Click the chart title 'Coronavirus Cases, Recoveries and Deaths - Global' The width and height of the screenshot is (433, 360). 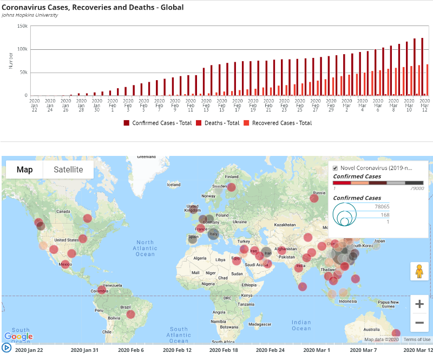pyautogui.click(x=93, y=8)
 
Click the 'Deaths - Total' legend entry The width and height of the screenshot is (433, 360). pyautogui.click(x=218, y=123)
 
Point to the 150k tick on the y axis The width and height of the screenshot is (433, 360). pyautogui.click(x=22, y=26)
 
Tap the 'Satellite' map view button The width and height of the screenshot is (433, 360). pyautogui.click(x=68, y=169)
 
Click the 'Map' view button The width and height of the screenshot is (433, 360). pyautogui.click(x=24, y=169)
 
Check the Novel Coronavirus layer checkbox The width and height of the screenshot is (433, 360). pyautogui.click(x=335, y=168)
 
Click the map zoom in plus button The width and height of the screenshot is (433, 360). pyautogui.click(x=419, y=304)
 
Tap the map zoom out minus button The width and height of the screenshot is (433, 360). pyautogui.click(x=419, y=323)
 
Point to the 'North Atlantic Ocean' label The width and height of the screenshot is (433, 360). pyautogui.click(x=145, y=248)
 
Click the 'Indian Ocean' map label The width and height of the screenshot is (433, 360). pyautogui.click(x=301, y=325)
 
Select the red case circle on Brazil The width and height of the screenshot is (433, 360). pyautogui.click(x=130, y=315)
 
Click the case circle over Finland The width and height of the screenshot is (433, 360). pyautogui.click(x=232, y=187)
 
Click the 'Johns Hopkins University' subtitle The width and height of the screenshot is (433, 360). pyautogui.click(x=30, y=15)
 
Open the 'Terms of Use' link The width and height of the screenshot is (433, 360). pyautogui.click(x=417, y=339)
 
